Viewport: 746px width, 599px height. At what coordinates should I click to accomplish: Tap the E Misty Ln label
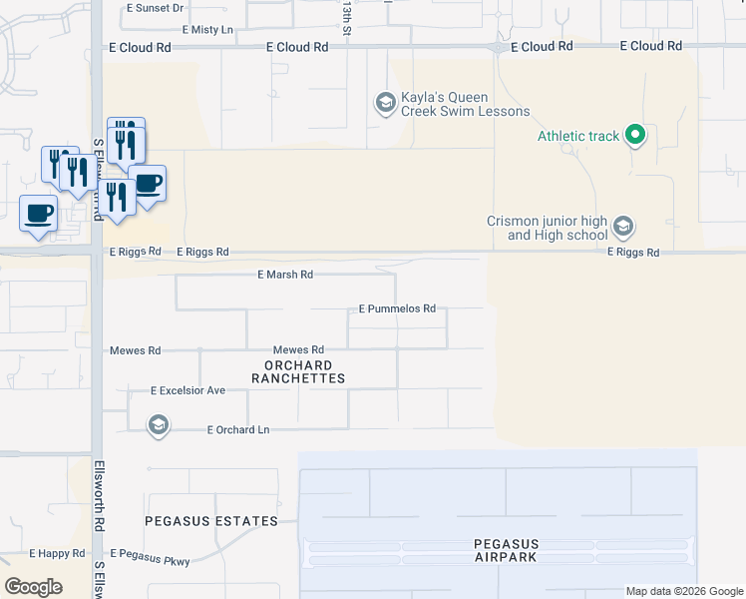[200, 31]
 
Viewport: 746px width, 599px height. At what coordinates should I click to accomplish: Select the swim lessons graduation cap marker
[385, 103]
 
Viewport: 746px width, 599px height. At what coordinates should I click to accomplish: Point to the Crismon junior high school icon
[623, 228]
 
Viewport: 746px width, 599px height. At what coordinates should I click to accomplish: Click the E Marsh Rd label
[285, 275]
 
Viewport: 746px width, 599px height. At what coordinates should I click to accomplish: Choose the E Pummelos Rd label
[397, 309]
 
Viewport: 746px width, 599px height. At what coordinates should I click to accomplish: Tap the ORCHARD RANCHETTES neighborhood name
[298, 371]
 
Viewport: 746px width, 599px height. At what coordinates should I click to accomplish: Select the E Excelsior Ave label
[188, 390]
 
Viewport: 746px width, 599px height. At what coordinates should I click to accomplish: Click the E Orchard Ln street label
[238, 430]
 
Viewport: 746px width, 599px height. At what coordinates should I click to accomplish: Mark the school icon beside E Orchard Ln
[158, 427]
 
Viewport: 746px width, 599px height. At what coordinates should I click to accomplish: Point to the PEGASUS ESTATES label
[210, 521]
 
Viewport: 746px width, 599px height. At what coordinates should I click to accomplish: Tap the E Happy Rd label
[57, 553]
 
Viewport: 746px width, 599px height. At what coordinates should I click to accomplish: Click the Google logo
[33, 587]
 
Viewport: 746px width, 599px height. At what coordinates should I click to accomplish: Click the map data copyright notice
[685, 591]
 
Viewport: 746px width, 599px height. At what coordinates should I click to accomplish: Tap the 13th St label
[347, 18]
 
